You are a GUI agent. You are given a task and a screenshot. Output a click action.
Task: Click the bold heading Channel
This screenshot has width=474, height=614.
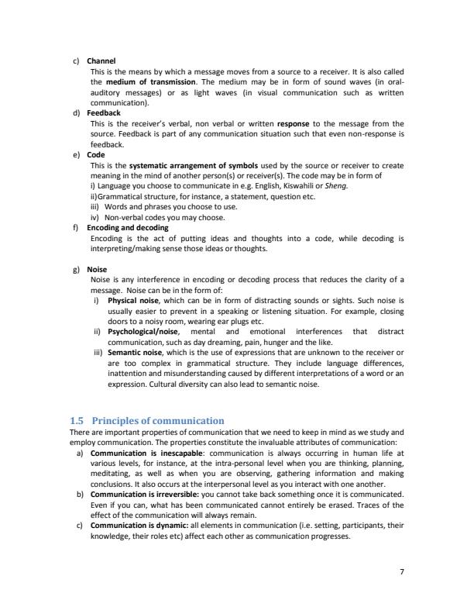tap(101, 60)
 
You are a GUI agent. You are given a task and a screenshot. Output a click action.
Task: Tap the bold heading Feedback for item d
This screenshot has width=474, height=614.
tap(104, 112)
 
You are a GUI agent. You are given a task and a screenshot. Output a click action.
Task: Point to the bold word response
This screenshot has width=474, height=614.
tap(294, 123)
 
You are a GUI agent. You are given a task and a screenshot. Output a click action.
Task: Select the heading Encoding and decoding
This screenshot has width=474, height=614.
tap(127, 228)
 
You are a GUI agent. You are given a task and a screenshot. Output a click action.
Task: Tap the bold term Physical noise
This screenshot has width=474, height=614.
tap(133, 300)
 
